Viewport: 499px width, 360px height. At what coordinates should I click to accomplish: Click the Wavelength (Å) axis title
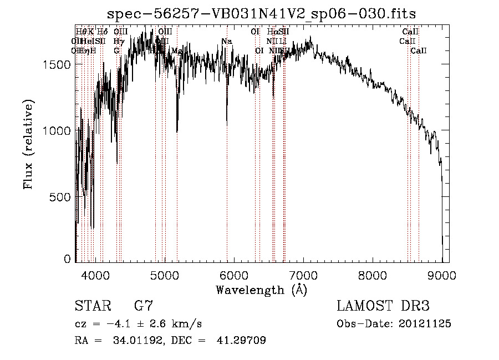(x=262, y=290)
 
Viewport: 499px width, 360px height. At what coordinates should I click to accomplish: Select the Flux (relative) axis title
(x=29, y=144)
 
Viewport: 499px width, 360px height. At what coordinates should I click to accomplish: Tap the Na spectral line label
(x=226, y=42)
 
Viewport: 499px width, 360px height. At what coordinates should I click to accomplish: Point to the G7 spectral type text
(x=144, y=306)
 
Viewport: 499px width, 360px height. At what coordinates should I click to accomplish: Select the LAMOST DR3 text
(x=383, y=306)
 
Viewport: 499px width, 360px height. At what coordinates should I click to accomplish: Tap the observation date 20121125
(x=425, y=324)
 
